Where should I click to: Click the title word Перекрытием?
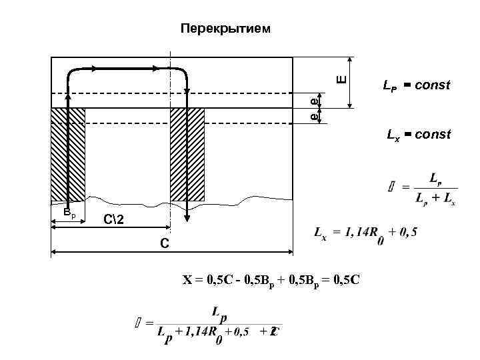(226, 29)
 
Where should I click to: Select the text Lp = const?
(416, 85)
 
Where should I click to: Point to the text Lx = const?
(419, 135)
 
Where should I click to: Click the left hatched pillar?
(68, 153)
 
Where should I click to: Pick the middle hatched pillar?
(187, 153)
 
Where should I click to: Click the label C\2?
(113, 220)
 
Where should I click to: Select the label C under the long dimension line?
(164, 244)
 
